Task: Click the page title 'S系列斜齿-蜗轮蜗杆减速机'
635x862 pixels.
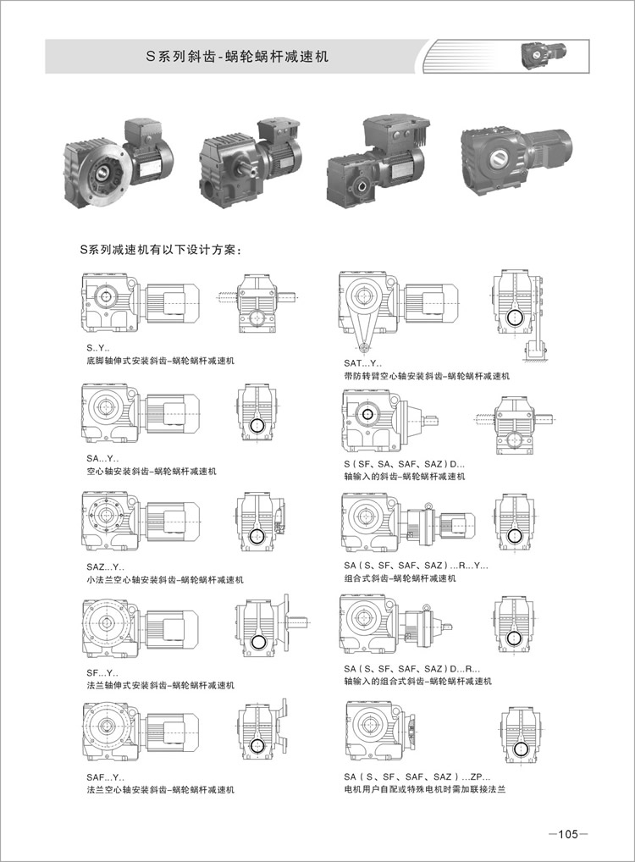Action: click(x=237, y=57)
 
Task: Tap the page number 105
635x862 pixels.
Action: click(x=568, y=834)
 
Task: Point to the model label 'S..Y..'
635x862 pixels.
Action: click(x=98, y=348)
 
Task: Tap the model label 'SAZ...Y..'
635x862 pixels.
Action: click(x=105, y=566)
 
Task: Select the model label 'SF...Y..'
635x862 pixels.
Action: click(x=102, y=673)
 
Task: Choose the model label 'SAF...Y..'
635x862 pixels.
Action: click(x=105, y=777)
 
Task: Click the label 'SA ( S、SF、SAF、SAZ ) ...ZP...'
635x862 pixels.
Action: click(x=417, y=776)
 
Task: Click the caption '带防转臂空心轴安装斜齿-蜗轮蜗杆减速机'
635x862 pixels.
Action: click(x=427, y=376)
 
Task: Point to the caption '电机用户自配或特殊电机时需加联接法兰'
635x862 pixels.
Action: click(x=424, y=789)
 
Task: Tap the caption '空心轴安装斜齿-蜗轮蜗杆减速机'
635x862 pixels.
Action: click(x=152, y=471)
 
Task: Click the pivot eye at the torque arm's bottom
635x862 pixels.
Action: click(x=363, y=347)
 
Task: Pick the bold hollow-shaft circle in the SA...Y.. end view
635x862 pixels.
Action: click(x=257, y=426)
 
